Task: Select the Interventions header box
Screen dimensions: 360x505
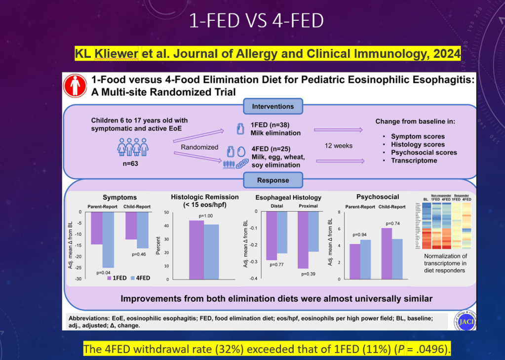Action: pos(273,106)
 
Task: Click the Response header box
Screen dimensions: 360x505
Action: pos(273,180)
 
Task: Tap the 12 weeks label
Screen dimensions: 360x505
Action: pos(339,146)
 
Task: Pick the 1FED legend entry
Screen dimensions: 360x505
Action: pos(117,278)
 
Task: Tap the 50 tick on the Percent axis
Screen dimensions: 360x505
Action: pos(166,213)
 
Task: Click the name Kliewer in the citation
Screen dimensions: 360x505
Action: pos(115,53)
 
